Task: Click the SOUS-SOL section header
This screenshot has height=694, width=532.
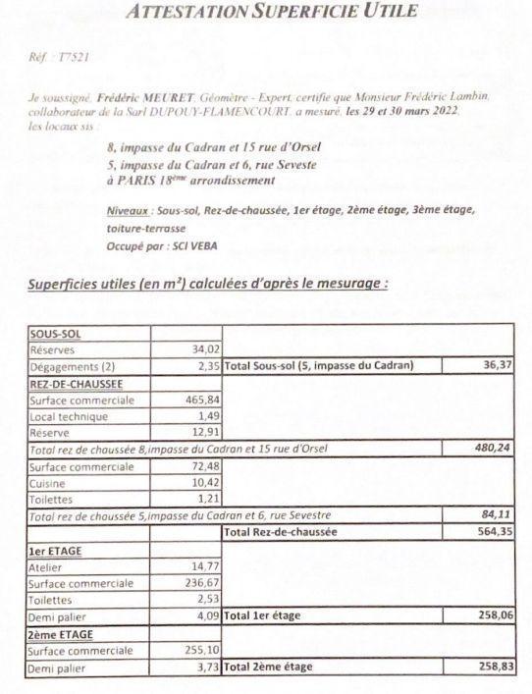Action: pos(56,334)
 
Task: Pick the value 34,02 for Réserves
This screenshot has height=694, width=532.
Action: pos(204,348)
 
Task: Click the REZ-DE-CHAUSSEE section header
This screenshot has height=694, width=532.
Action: pos(79,383)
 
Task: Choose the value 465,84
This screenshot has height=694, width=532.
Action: pos(200,400)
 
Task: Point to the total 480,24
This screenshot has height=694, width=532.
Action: pos(492,449)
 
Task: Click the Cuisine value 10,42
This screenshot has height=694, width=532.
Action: pos(203,483)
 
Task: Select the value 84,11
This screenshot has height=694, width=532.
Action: pos(496,515)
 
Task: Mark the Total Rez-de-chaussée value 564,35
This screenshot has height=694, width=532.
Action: pos(492,532)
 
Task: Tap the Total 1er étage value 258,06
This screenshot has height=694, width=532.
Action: pos(492,615)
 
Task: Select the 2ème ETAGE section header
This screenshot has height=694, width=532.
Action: pos(60,633)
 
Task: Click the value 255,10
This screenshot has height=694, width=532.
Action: pos(200,650)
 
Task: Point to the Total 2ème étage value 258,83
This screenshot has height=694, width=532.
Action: pos(492,667)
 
